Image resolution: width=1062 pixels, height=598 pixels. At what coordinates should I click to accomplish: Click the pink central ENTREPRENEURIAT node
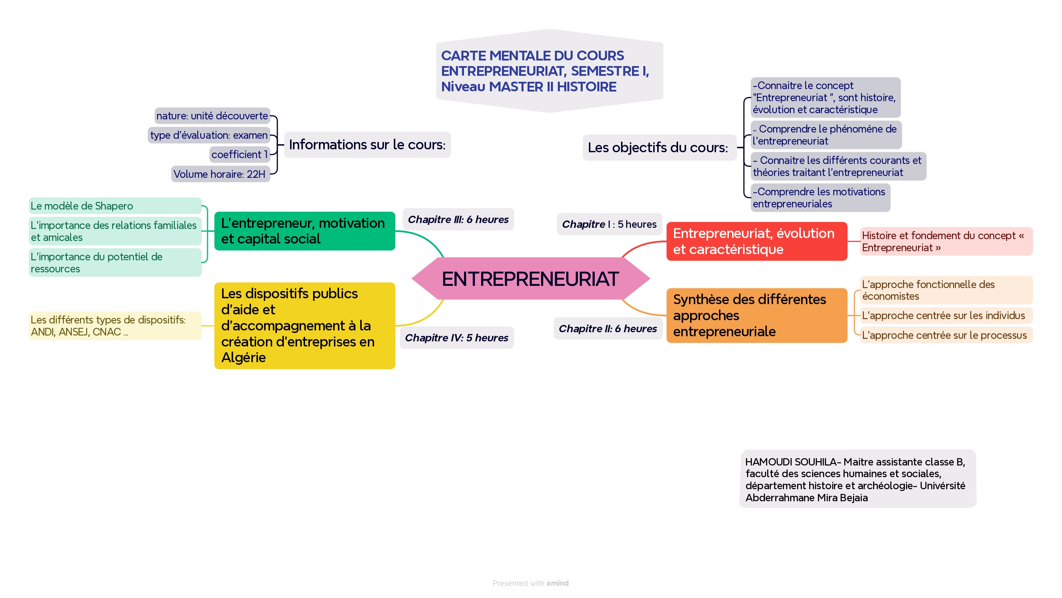(x=530, y=279)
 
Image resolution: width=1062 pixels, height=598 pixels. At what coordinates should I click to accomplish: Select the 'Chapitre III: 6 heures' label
(x=458, y=219)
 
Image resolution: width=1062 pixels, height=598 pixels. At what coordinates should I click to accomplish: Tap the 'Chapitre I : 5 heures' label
(x=609, y=224)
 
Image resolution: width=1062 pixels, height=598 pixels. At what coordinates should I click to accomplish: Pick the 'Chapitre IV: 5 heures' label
(x=456, y=338)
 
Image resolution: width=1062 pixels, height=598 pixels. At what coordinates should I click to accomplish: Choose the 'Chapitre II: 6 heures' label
(x=607, y=329)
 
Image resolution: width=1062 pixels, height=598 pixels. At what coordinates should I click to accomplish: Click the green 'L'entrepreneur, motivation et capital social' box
(x=304, y=231)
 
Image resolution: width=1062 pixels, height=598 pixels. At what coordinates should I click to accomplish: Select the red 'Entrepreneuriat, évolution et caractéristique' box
(x=757, y=241)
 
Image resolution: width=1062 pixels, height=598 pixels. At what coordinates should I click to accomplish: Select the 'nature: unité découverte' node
(x=212, y=116)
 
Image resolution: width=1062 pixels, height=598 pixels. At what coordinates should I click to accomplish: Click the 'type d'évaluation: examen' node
(x=209, y=135)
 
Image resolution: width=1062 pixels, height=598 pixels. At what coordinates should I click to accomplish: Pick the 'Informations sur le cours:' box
(x=367, y=145)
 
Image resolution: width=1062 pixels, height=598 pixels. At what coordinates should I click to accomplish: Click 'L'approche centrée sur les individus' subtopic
(x=943, y=315)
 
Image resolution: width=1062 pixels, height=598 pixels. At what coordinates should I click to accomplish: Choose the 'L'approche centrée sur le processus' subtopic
(x=944, y=335)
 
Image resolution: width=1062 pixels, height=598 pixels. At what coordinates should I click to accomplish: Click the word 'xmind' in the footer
(x=557, y=583)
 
